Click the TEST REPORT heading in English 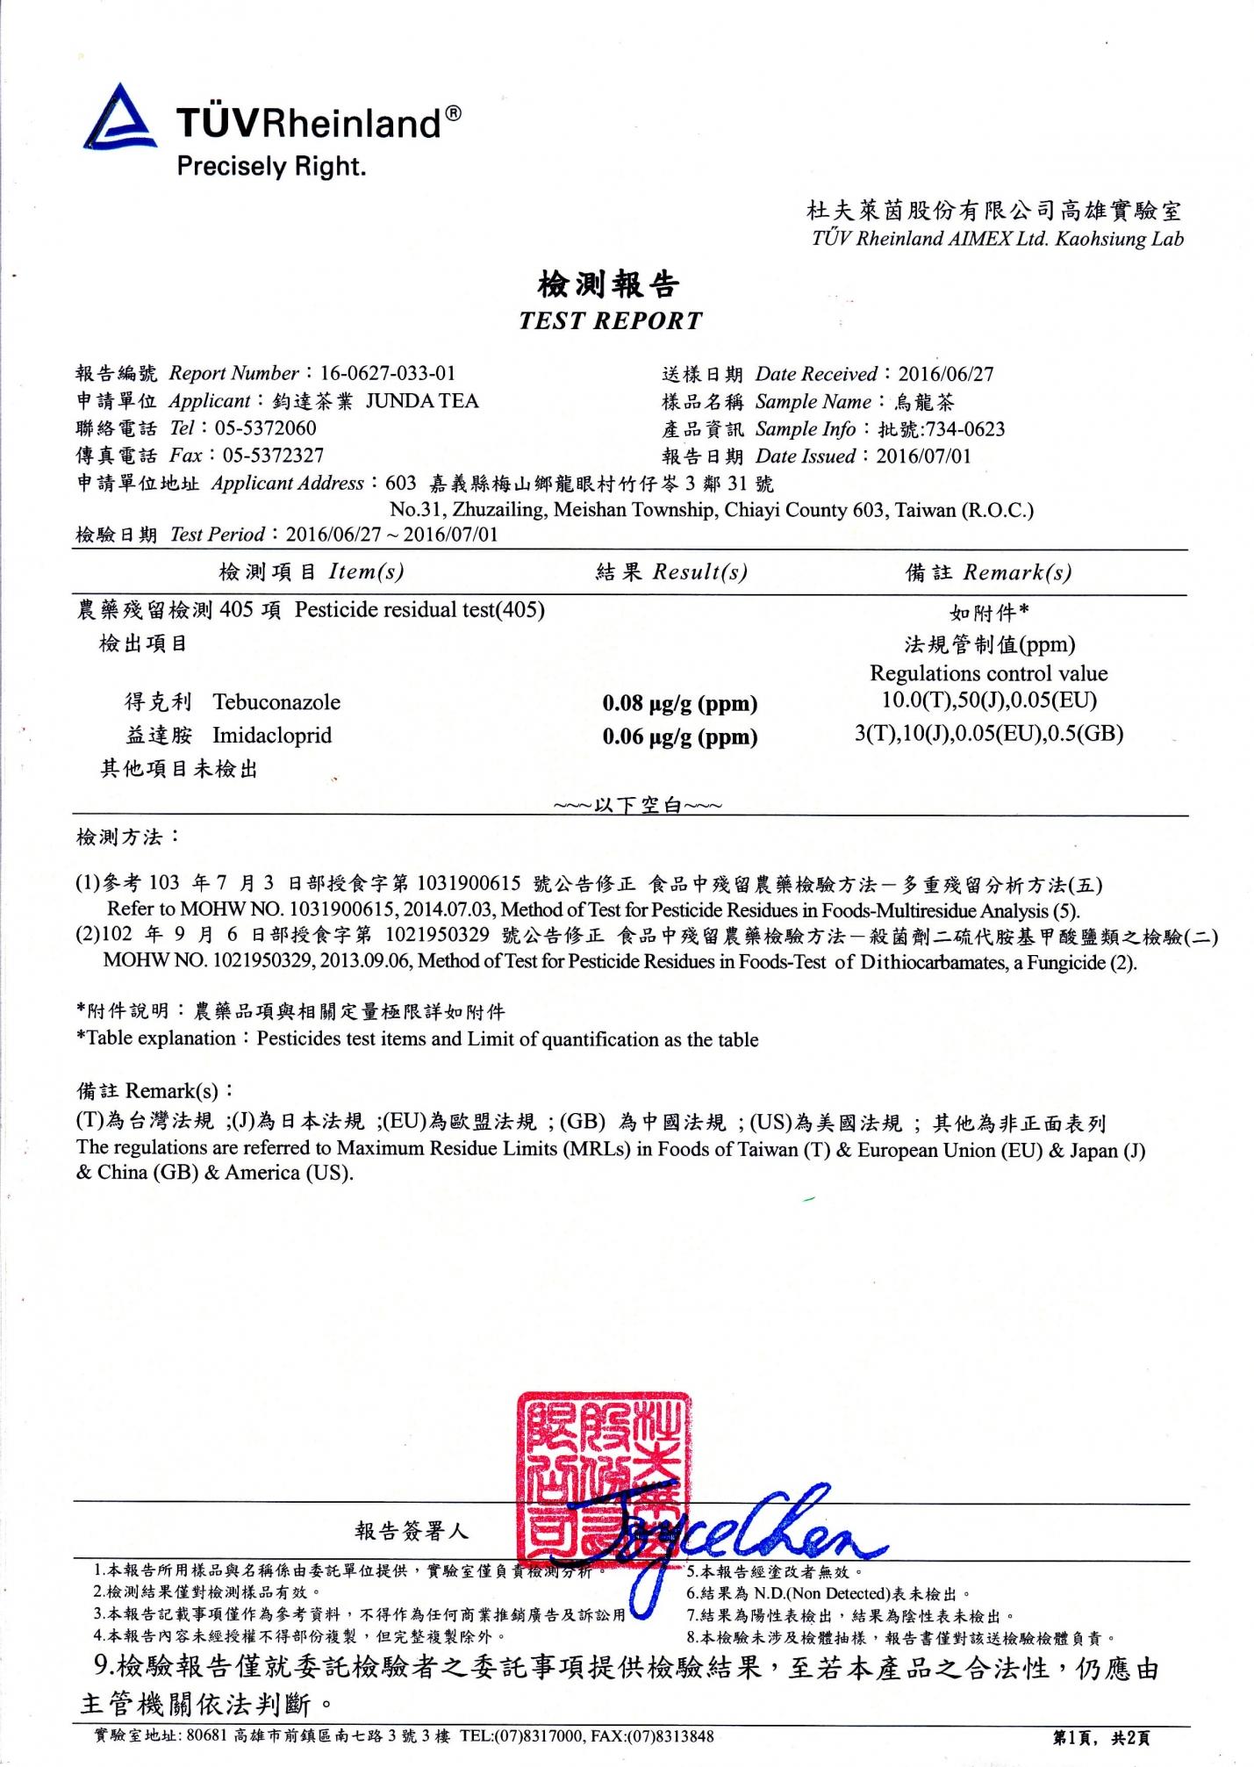[610, 320]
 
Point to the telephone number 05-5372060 [266, 428]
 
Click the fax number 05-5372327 [273, 456]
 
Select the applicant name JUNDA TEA [422, 401]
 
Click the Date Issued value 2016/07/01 [924, 456]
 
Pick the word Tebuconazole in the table [276, 702]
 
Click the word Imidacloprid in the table [272, 736]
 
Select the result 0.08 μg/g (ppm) [679, 703]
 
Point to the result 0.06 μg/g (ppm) [679, 736]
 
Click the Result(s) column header [699, 572]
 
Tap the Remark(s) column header [1017, 572]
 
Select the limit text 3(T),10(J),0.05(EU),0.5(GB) [989, 734]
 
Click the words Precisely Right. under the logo [271, 166]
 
